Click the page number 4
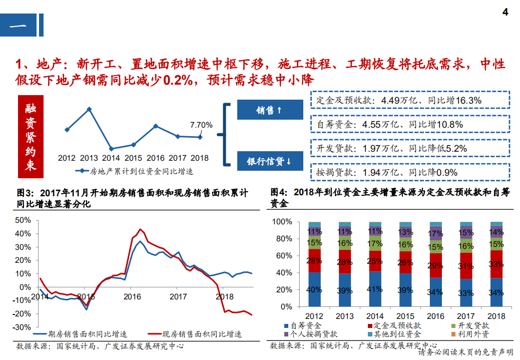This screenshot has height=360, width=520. coord(505,13)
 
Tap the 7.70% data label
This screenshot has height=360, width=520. coord(201,125)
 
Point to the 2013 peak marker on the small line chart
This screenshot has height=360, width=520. coord(89,109)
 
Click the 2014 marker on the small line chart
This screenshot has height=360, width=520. coord(111,149)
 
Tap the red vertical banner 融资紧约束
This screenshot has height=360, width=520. coord(31,136)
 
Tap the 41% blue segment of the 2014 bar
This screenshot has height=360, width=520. coord(375,289)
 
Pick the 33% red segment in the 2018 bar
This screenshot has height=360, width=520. coord(496,264)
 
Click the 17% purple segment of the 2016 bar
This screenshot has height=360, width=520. coord(435,233)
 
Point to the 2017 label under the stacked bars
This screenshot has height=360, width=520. coord(466,316)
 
